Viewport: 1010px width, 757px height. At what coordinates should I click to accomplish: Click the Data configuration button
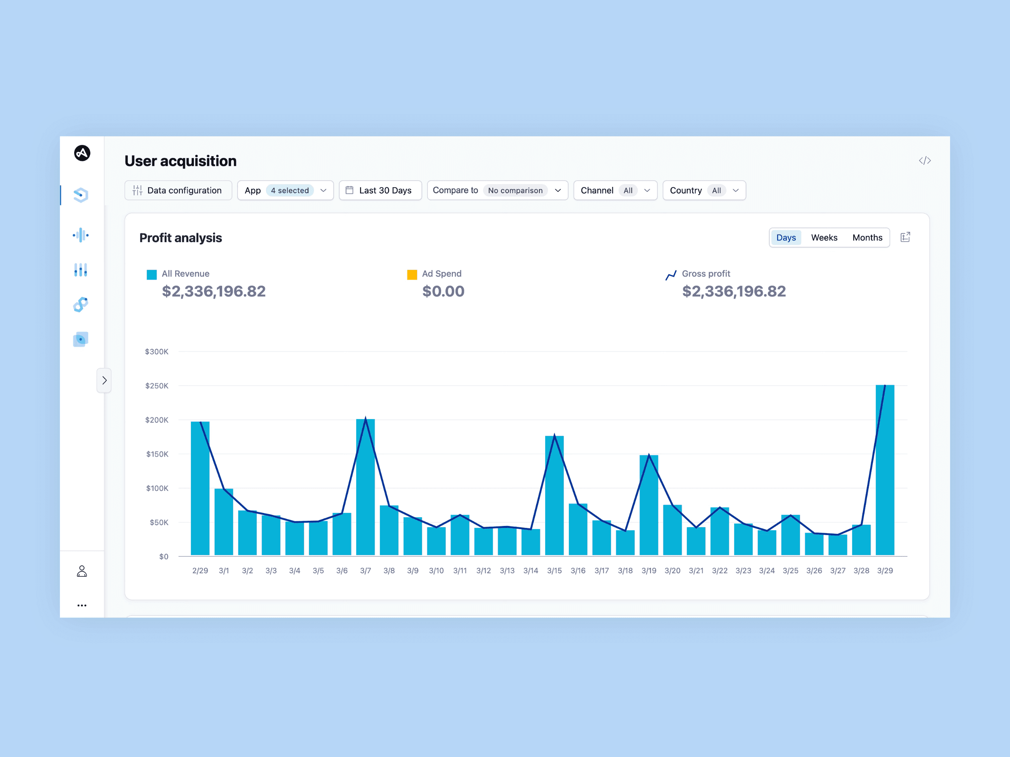[178, 190]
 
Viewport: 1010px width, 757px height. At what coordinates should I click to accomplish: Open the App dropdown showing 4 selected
[285, 190]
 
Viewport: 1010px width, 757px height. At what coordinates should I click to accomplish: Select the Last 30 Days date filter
[380, 190]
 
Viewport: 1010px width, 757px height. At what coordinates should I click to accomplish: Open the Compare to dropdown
[497, 190]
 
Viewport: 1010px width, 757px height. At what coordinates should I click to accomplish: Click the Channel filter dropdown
[615, 190]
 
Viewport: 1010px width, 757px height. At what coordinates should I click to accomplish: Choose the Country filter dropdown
[704, 190]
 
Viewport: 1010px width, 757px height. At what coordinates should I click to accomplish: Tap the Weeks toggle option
[824, 238]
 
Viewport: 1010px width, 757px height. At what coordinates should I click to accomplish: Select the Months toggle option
[867, 238]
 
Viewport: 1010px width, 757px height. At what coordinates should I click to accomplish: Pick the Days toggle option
[786, 238]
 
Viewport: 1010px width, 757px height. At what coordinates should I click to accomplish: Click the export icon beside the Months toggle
[905, 237]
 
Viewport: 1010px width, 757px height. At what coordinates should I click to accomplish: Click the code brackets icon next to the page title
[925, 160]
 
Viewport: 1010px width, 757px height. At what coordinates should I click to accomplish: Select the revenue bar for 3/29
[885, 470]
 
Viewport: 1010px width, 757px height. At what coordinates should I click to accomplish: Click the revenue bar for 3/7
[365, 487]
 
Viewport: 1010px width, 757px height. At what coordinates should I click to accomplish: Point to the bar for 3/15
[554, 496]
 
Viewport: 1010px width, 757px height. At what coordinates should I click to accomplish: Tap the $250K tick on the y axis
[157, 386]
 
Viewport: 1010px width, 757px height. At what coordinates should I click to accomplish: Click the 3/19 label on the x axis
[649, 571]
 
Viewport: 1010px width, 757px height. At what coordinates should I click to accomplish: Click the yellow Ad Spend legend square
[412, 275]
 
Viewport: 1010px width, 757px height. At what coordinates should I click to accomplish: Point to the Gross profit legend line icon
[671, 275]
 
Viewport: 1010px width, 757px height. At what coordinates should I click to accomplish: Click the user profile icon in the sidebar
[82, 571]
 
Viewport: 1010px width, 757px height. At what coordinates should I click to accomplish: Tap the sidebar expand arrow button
[104, 380]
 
